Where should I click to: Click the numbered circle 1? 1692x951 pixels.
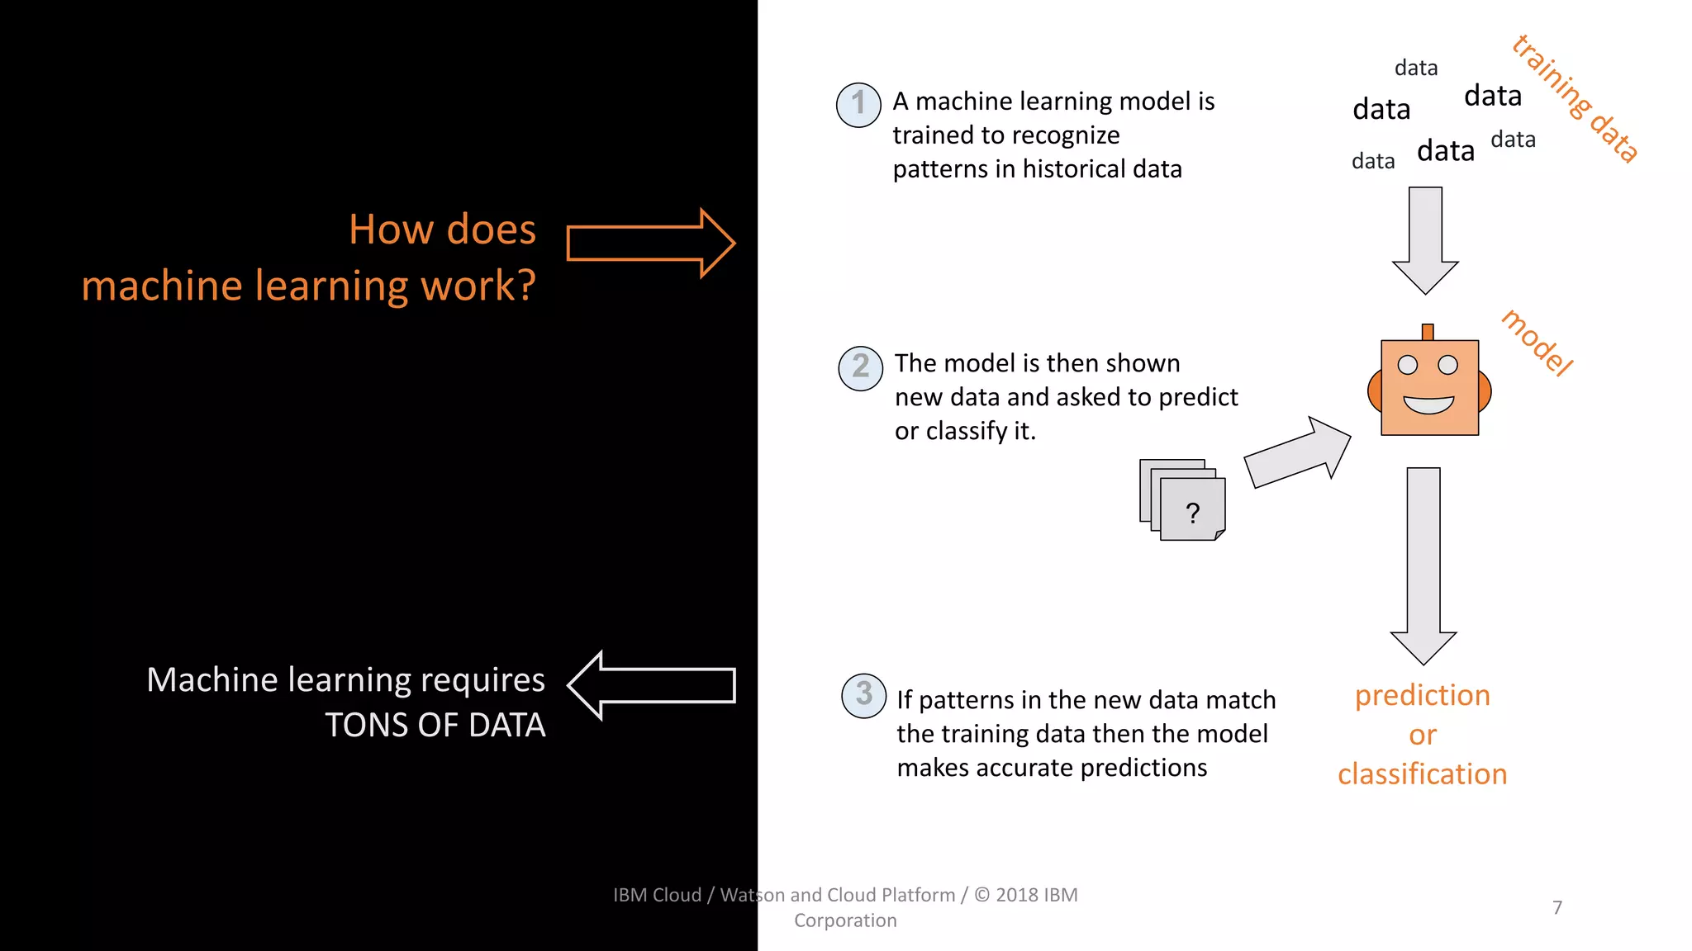(858, 105)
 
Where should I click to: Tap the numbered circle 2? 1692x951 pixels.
(861, 367)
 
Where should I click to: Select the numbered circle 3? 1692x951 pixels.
(863, 695)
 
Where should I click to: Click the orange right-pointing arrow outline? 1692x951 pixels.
(650, 243)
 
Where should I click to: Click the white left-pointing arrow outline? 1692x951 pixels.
(652, 685)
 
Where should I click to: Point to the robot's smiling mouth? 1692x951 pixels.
(1428, 405)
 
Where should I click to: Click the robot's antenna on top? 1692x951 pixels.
(1428, 332)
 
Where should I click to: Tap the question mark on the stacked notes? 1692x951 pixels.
(1192, 513)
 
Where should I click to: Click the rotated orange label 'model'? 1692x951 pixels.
(1538, 343)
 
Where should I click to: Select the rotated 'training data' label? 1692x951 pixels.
(1575, 98)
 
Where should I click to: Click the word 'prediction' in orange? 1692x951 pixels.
(1422, 695)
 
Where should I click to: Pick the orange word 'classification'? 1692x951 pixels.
(1422, 774)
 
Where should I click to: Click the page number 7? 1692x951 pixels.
(1557, 907)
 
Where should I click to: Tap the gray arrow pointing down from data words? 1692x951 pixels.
(1425, 239)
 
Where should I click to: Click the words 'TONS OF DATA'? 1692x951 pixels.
(435, 725)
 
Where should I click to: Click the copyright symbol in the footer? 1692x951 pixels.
(981, 895)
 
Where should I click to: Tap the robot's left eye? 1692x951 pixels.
(1408, 365)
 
